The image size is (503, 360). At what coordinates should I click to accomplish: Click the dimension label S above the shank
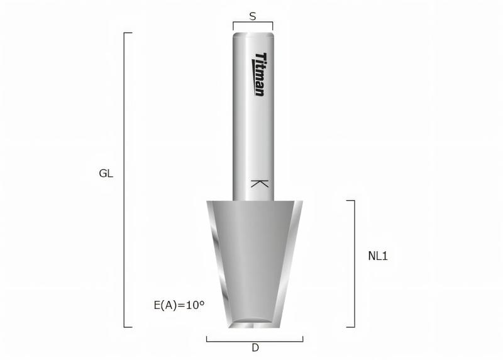pos(253,16)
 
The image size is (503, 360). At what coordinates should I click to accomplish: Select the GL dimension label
pos(106,174)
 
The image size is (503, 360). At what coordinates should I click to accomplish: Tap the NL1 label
pos(378,256)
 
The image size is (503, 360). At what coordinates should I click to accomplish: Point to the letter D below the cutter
pos(255,347)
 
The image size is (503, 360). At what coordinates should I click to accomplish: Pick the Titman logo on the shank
pos(259,74)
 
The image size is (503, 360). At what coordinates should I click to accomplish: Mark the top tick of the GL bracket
pos(128,33)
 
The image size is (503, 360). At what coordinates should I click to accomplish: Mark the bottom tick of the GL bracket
pos(128,327)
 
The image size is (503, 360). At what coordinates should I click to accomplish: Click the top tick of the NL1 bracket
pos(350,201)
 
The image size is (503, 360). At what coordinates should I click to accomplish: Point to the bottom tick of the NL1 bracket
pos(350,327)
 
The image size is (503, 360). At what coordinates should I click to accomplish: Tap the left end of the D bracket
pos(207,339)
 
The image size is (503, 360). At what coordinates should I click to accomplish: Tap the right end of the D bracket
pos(303,339)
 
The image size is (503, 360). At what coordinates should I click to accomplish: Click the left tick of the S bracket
pos(233,26)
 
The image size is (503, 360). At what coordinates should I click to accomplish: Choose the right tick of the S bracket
pos(272,26)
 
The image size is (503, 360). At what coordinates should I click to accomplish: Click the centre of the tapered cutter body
pos(254,258)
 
